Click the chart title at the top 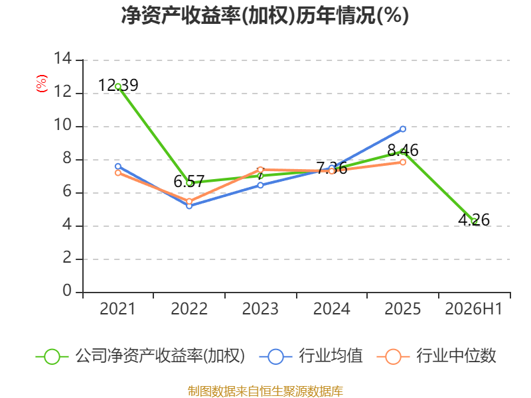(265, 15)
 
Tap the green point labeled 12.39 (118, 87)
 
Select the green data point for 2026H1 (474, 222)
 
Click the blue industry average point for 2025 (403, 129)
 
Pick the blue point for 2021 (118, 166)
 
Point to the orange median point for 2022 (189, 202)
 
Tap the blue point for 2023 (260, 185)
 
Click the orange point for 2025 (403, 162)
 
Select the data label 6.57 (189, 181)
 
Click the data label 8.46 (403, 150)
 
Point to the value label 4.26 (474, 220)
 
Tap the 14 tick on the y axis (62, 59)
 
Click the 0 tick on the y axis (67, 291)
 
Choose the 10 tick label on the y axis (62, 125)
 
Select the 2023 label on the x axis (260, 309)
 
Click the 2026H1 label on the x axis (473, 309)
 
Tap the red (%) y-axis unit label (42, 84)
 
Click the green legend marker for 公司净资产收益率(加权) (52, 357)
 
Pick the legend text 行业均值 (331, 356)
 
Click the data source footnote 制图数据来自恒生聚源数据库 (265, 391)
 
